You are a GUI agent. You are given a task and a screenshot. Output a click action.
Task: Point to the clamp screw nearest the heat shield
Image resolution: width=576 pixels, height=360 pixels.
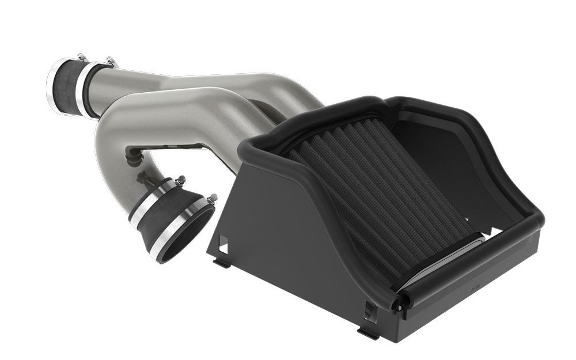click(x=212, y=199)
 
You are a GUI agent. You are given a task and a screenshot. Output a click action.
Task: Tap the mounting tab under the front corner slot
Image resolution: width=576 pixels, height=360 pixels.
click(x=367, y=333)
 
